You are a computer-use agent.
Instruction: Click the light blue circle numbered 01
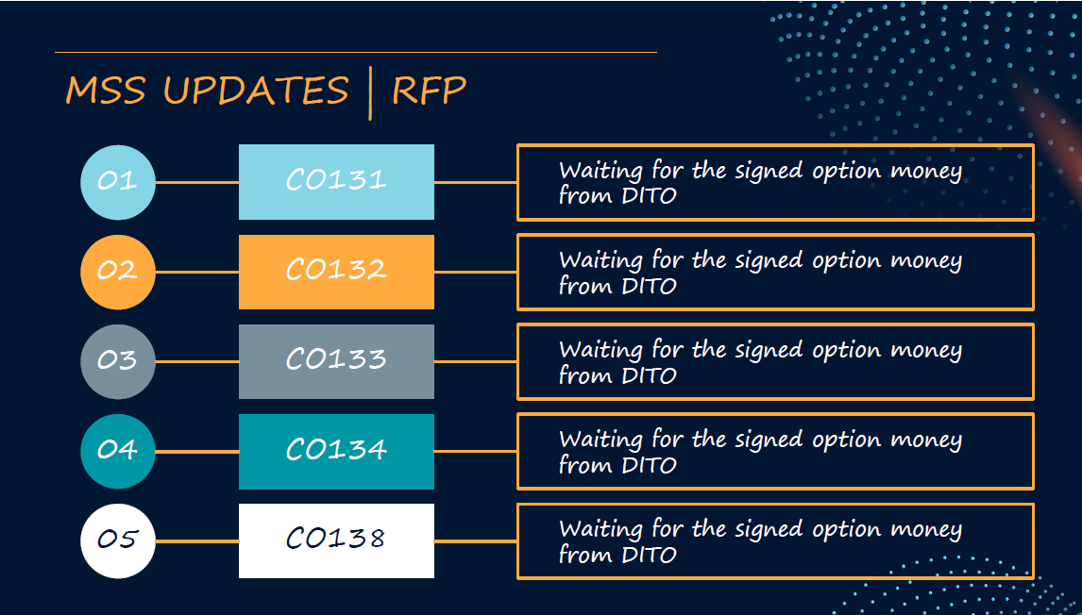coord(118,183)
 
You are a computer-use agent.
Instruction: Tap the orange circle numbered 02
coord(118,273)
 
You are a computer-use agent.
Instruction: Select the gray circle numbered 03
coord(118,362)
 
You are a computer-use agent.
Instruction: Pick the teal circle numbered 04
coord(118,452)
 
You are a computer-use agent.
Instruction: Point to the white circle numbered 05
coord(118,541)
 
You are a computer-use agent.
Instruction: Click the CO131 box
coord(337,182)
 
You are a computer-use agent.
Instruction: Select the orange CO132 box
coord(337,273)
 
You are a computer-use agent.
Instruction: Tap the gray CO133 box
coord(337,362)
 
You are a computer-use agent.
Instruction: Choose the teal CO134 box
coord(337,452)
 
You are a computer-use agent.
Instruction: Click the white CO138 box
coord(337,541)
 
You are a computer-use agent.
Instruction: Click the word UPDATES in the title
coord(257,91)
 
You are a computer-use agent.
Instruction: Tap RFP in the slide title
coord(430,91)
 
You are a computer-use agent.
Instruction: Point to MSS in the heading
coord(106,91)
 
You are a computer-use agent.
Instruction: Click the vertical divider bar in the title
coord(370,93)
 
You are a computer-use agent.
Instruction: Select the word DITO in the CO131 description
coord(649,196)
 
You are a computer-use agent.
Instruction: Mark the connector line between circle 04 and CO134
coord(197,452)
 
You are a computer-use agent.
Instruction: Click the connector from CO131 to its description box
coord(476,183)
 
